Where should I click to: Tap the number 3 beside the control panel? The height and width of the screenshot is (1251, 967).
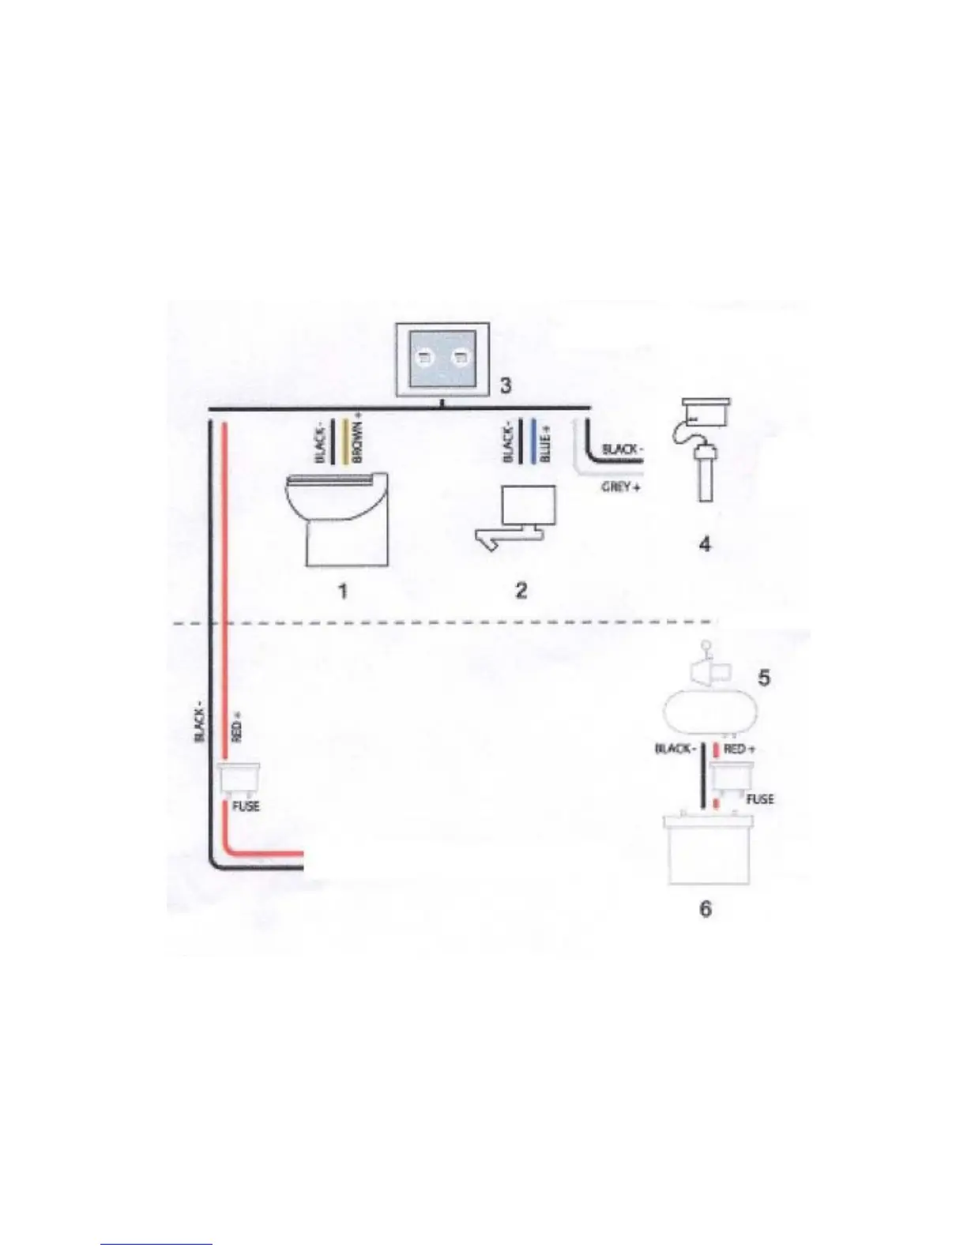pyautogui.click(x=506, y=385)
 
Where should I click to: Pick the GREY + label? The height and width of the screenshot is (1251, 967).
pyautogui.click(x=621, y=486)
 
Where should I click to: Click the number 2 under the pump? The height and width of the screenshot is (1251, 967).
pyautogui.click(x=521, y=590)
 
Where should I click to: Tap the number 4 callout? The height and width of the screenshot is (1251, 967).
pyautogui.click(x=705, y=544)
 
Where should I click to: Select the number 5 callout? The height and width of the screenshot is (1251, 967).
pyautogui.click(x=764, y=678)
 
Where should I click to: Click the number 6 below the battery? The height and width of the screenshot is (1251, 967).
pyautogui.click(x=705, y=909)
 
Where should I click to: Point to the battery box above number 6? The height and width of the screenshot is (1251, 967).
pyautogui.click(x=708, y=851)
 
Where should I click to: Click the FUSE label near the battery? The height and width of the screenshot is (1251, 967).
pyautogui.click(x=760, y=799)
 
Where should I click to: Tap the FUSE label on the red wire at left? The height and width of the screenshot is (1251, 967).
pyautogui.click(x=246, y=806)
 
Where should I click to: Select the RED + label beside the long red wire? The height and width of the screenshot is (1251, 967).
pyautogui.click(x=237, y=727)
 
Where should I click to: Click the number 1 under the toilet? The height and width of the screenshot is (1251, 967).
pyautogui.click(x=343, y=591)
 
